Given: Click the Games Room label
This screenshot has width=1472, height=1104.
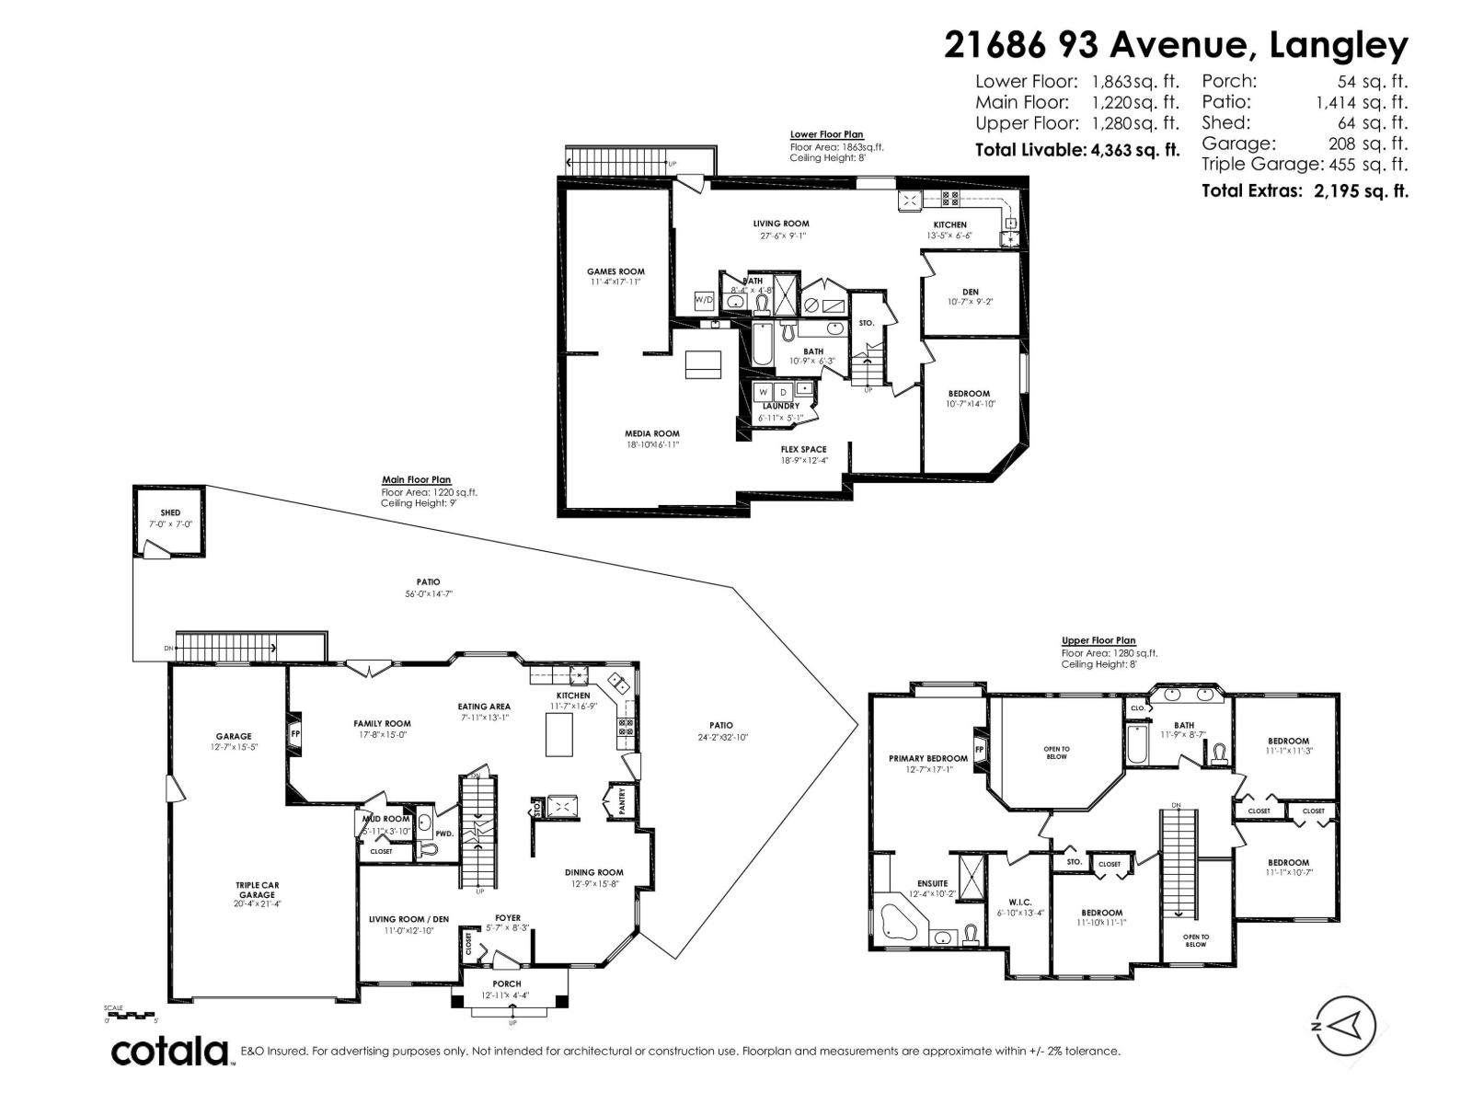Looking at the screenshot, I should click(x=615, y=271).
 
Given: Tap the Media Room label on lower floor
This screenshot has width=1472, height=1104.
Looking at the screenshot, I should click(x=651, y=433).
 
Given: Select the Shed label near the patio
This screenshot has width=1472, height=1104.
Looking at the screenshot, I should click(x=170, y=512).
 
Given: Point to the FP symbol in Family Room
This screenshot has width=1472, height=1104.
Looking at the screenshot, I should click(x=295, y=734).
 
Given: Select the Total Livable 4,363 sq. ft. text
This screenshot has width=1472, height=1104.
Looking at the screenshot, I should click(x=1076, y=149).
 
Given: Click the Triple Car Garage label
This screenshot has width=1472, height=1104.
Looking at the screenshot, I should click(x=257, y=890).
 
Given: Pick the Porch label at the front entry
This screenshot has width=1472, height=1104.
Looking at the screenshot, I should click(x=507, y=983).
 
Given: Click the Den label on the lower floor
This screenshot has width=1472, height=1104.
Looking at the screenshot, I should click(x=970, y=292).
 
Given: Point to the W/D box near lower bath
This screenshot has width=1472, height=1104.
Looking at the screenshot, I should click(x=704, y=300).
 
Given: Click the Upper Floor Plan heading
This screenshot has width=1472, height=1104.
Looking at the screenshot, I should click(x=1098, y=640).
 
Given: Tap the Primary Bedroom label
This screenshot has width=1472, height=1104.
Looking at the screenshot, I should click(x=927, y=759).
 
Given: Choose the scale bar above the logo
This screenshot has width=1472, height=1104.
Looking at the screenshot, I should click(x=132, y=1015).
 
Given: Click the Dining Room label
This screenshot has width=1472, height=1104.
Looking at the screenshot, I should click(x=593, y=872).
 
